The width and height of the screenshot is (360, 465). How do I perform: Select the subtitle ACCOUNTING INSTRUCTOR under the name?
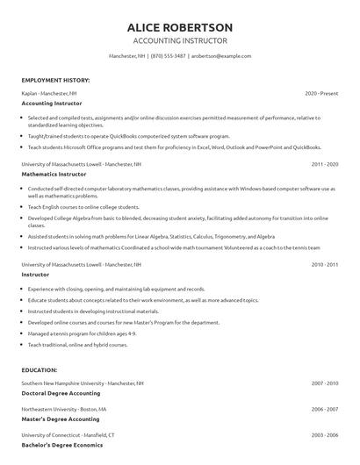coord(179,41)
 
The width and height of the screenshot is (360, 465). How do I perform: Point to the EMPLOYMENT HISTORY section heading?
coord(55,80)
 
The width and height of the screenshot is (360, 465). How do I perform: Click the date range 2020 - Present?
coord(321,92)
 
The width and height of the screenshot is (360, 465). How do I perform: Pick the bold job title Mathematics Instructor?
coord(53,175)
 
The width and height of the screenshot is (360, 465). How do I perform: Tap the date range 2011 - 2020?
coord(324,164)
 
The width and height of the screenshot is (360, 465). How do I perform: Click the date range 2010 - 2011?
coord(324,264)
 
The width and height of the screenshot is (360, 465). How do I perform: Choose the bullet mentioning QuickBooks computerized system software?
coord(128,136)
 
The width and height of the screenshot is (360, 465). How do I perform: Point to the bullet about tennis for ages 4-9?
coord(82,333)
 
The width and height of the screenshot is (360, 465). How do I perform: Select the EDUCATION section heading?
coord(40,370)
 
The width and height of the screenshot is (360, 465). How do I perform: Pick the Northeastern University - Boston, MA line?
coord(64,409)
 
